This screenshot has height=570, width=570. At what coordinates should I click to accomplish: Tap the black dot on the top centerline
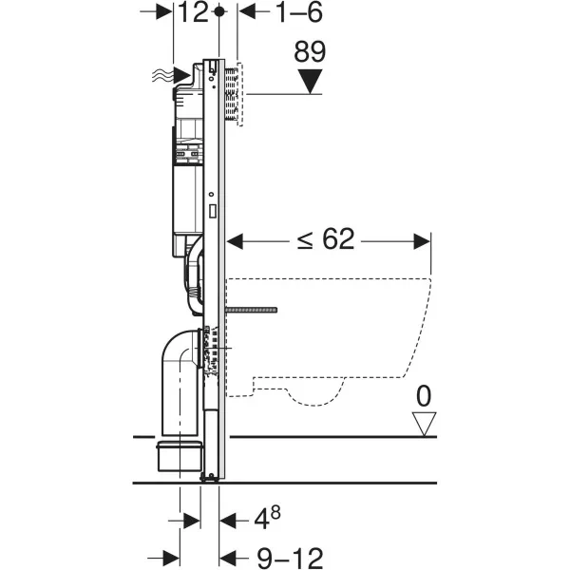219,11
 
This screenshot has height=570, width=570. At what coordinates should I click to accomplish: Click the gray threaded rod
252,310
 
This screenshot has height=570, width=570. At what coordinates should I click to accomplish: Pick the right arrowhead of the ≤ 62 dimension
425,241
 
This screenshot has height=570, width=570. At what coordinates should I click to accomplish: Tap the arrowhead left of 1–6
246,11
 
